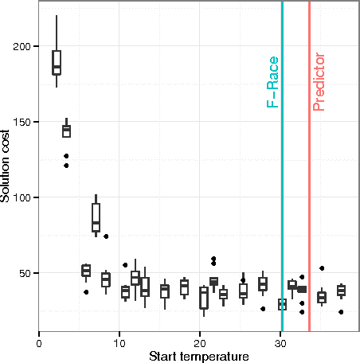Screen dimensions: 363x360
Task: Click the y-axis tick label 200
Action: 24,47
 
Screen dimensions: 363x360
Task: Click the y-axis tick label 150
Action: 24,122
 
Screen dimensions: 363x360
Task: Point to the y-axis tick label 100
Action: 24,197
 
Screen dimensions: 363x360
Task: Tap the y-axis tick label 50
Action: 27,273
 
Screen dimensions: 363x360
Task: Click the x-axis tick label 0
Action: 39,344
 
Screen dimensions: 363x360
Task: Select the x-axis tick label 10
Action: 119,344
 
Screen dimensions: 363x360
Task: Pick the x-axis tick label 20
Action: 199,344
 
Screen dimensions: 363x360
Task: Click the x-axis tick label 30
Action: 279,344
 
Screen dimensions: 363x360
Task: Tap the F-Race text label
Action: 272,82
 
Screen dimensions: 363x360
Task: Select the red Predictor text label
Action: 319,82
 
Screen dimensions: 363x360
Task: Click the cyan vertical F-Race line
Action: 282,199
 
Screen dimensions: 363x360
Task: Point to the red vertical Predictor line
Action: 309,199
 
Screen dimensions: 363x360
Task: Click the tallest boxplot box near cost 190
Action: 57,62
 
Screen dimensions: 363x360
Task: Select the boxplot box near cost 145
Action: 66,131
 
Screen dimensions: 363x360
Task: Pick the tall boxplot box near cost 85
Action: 96,217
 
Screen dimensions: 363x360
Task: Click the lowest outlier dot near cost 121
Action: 66,166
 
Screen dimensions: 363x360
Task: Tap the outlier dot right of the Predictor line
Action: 322,268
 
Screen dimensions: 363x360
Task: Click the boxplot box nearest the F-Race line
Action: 282,304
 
